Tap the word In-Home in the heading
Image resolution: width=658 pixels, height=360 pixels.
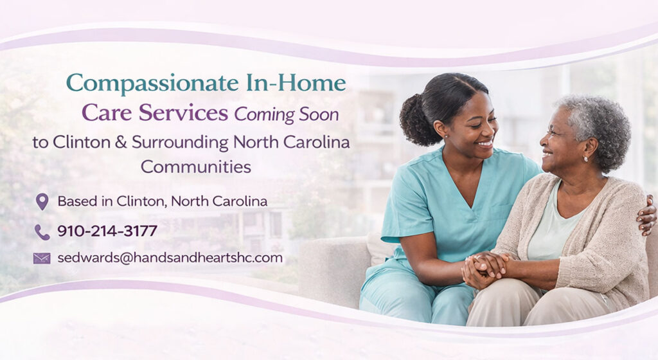[x=296, y=83]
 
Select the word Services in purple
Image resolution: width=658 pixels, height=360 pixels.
[x=183, y=113]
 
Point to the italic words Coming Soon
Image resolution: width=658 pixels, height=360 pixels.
[x=287, y=114]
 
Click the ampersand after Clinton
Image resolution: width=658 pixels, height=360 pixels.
[x=120, y=142]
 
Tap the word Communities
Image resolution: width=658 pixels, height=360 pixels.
[x=196, y=167]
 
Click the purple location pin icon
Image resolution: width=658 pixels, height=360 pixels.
[x=42, y=201]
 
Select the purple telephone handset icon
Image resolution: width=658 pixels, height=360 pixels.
[x=42, y=231]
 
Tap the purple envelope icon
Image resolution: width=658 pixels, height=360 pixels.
[x=42, y=258]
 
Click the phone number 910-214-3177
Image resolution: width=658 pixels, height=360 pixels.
[x=107, y=231]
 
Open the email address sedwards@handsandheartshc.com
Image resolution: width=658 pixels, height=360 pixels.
[x=170, y=258]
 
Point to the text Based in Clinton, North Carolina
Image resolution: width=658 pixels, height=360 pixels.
[x=163, y=201]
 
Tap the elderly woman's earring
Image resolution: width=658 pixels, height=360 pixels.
[x=586, y=159]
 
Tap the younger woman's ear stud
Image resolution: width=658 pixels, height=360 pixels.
[x=445, y=136]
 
